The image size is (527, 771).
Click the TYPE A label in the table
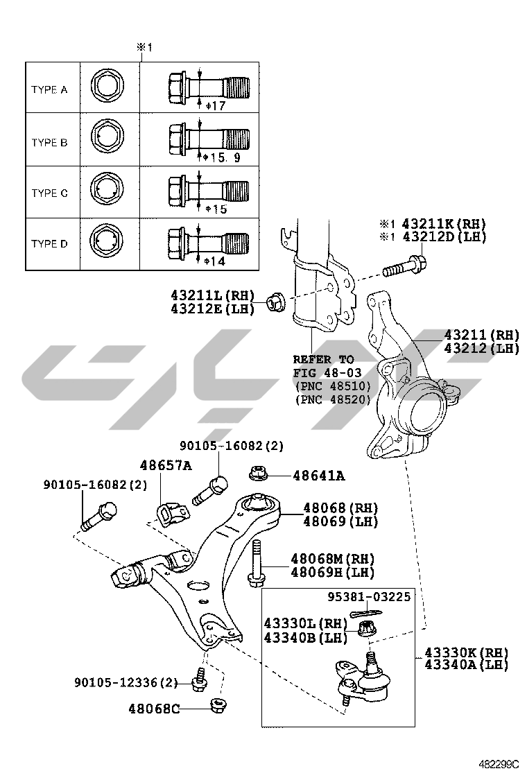pyautogui.click(x=49, y=90)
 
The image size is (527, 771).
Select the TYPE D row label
pyautogui.click(x=49, y=244)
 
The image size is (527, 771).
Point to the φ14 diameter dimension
pyautogui.click(x=216, y=260)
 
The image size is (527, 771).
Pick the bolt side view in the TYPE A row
pyautogui.click(x=208, y=89)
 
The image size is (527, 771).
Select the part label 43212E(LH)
pyautogui.click(x=212, y=307)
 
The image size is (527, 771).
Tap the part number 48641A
pyautogui.click(x=318, y=476)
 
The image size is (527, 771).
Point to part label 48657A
pyautogui.click(x=166, y=466)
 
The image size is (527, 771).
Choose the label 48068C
pyautogui.click(x=154, y=709)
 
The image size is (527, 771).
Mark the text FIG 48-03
pyautogui.click(x=323, y=372)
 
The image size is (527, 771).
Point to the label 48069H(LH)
pyautogui.click(x=332, y=573)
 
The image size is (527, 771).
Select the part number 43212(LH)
pyautogui.click(x=481, y=349)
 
